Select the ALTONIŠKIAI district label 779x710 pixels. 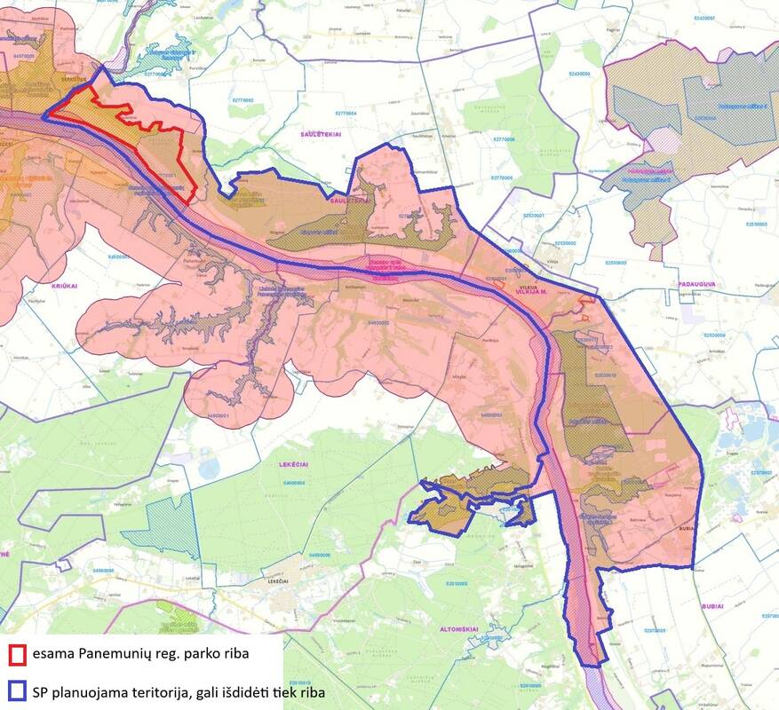point(460,628)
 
